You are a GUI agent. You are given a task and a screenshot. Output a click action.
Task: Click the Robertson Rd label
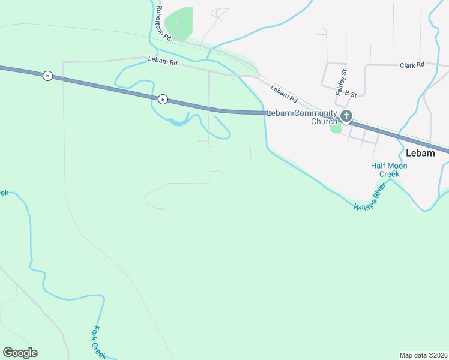(x=163, y=23)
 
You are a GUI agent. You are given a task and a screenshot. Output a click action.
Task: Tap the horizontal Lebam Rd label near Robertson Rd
(x=163, y=61)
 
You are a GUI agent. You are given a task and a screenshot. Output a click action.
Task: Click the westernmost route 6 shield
(x=47, y=75)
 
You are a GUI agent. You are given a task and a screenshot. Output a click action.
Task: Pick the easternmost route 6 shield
(x=162, y=99)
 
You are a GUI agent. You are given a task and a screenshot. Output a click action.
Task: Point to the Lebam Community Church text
(x=302, y=117)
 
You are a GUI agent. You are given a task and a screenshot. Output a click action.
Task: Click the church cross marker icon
(x=346, y=116)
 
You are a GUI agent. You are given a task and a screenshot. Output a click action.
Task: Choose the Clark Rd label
(x=412, y=65)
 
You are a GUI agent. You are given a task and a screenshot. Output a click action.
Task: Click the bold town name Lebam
(x=420, y=153)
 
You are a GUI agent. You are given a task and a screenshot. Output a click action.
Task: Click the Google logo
(x=20, y=353)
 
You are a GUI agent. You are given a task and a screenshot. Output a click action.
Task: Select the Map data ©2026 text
(x=424, y=355)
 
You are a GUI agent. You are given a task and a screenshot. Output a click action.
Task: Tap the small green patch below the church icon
(x=336, y=128)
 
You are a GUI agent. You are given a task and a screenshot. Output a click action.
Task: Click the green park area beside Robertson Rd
(x=179, y=23)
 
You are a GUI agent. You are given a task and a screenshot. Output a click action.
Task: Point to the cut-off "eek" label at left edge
(x=4, y=193)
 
